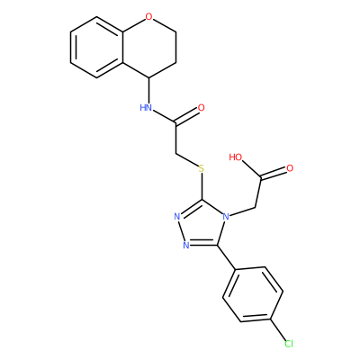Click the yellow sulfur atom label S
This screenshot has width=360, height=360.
click(202, 168)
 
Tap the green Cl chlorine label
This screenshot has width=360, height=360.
click(288, 344)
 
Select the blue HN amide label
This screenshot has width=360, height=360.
click(146, 107)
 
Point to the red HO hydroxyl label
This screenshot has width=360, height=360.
click(236, 157)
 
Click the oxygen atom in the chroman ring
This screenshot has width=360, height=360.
click(148, 17)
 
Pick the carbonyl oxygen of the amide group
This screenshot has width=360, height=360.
click(201, 108)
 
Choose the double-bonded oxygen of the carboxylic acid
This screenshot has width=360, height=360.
click(290, 168)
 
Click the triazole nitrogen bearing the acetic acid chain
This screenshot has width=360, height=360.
click(226, 216)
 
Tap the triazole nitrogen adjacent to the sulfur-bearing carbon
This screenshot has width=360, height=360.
click(177, 216)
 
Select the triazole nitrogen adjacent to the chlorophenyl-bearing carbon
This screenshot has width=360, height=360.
click(186, 245)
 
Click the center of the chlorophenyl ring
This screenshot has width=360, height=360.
click(253, 294)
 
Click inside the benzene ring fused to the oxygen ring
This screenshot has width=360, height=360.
click(96, 47)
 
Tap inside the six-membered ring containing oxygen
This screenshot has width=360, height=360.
click(149, 47)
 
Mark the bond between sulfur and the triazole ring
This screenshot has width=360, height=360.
click(202, 186)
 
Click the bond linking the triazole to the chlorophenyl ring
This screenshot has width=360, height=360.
click(226, 257)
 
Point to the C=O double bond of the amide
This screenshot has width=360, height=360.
click(186, 116)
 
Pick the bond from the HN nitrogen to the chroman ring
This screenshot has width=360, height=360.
click(148, 90)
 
